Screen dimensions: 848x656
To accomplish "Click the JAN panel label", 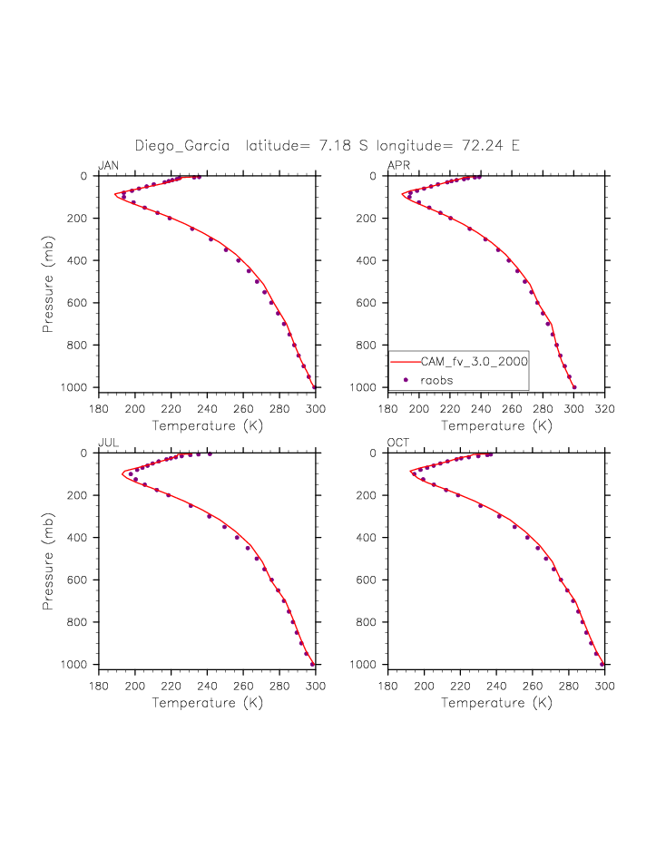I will click(108, 165).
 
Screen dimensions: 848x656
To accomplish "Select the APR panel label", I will click(398, 165).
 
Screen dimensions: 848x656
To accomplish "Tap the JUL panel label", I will click(108, 443).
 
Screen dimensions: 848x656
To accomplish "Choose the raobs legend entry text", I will click(436, 380).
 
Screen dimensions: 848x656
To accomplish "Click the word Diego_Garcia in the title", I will click(181, 145).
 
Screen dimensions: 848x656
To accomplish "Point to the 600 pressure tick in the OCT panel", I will click(369, 580).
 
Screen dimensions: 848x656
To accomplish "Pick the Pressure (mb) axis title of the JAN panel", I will click(49, 282).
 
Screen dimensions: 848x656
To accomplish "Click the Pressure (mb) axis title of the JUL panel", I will click(49, 559).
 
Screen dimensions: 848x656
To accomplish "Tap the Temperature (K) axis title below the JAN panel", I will click(208, 425).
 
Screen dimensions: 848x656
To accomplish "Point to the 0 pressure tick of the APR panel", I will click(374, 177).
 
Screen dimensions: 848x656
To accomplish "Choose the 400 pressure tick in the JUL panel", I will click(79, 538).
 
